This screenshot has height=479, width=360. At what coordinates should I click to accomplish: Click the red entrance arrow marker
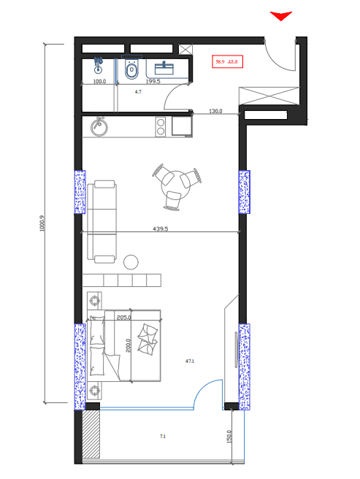click(281, 16)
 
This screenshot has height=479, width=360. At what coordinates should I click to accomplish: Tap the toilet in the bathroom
click(132, 70)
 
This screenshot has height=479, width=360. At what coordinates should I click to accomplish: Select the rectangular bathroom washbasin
click(168, 69)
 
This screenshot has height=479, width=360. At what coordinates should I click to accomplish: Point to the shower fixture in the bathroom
click(99, 66)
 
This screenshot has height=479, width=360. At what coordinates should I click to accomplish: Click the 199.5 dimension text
click(153, 82)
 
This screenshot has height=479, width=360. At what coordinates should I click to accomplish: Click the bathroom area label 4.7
click(138, 93)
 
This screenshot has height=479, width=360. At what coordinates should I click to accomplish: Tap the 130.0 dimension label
click(215, 112)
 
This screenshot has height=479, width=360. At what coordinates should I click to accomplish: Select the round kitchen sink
click(100, 128)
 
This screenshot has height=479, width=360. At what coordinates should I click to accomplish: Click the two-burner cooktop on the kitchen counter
click(161, 128)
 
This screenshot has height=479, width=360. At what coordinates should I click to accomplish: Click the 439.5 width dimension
click(160, 229)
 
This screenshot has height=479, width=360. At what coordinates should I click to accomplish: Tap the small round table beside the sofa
click(131, 261)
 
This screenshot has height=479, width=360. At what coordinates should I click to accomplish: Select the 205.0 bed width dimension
click(123, 318)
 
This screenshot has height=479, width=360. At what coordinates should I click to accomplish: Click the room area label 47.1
click(190, 361)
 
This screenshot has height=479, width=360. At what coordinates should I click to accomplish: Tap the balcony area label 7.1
click(162, 437)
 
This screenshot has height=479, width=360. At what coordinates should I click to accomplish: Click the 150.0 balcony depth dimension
click(229, 436)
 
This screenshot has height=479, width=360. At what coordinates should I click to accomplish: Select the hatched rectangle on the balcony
click(91, 433)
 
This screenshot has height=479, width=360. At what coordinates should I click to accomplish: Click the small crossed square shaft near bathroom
click(186, 50)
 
